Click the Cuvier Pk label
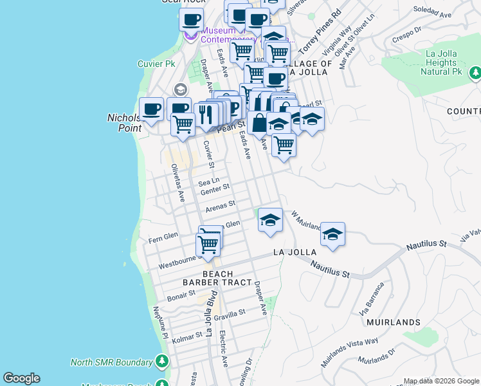tap(156, 64)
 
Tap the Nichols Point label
tap(120, 123)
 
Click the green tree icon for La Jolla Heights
tap(475, 71)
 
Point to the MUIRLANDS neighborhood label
tap(394, 322)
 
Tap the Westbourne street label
tap(176, 264)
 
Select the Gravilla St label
tap(230, 314)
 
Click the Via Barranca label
tap(374, 295)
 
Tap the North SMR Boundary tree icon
tap(162, 361)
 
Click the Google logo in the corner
tap(21, 378)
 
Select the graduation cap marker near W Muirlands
tap(270, 220)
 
